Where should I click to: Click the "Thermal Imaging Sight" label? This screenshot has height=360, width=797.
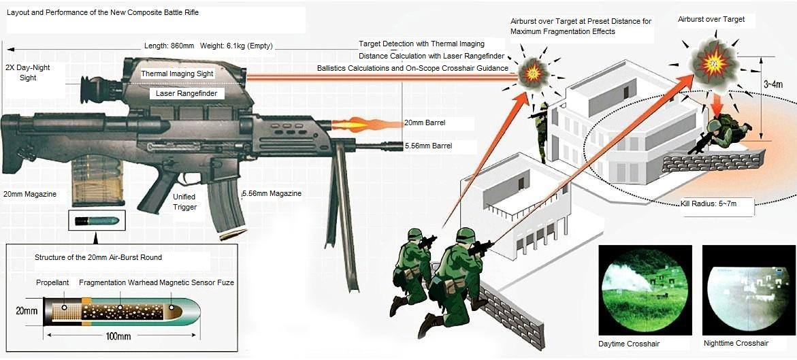point(177,73)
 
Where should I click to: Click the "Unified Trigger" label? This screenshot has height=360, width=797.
point(184,201)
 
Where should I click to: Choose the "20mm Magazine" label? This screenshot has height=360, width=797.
point(29,194)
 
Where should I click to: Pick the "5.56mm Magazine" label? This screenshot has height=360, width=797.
point(272,194)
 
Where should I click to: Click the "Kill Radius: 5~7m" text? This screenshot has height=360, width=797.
point(708,203)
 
